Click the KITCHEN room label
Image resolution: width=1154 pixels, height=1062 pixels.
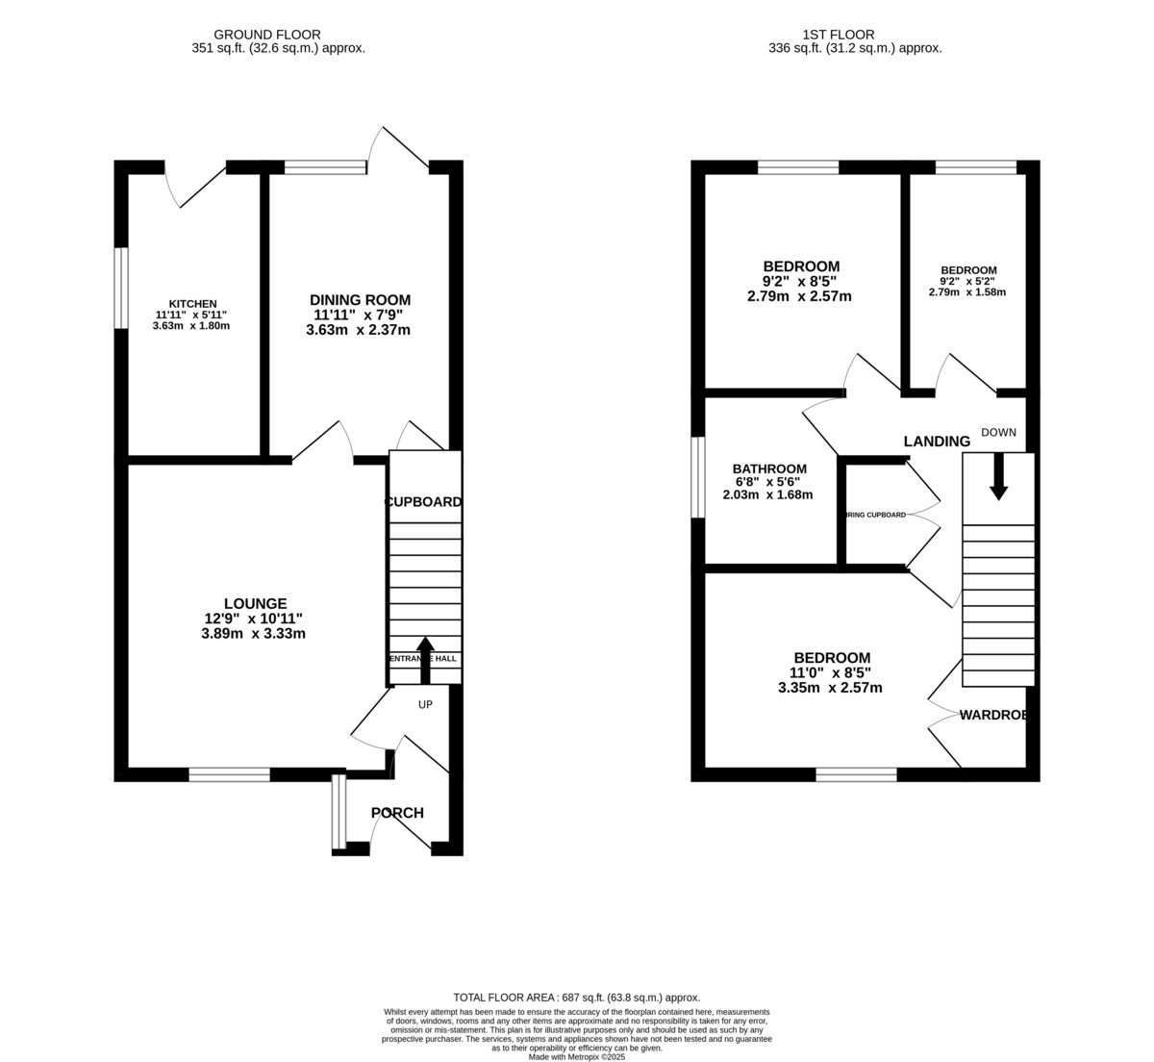click(x=192, y=304)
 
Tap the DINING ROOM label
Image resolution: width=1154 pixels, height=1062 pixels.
click(x=360, y=299)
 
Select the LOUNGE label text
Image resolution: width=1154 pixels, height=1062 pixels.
click(x=255, y=603)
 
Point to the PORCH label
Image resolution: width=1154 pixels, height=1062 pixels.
click(x=397, y=813)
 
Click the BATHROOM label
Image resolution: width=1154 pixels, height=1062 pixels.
click(x=768, y=468)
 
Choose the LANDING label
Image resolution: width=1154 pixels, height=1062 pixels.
click(x=937, y=442)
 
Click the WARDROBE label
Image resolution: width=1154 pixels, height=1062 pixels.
click(x=993, y=715)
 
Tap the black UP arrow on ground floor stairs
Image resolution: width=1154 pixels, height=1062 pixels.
click(x=425, y=657)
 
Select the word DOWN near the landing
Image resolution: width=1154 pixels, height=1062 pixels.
click(x=998, y=432)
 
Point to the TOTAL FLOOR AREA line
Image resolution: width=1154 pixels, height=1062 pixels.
click(x=576, y=998)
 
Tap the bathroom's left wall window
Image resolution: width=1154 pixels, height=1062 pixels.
click(x=699, y=478)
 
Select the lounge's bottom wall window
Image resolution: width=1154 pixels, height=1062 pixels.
click(x=229, y=774)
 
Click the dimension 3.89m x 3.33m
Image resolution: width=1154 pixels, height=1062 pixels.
click(x=254, y=634)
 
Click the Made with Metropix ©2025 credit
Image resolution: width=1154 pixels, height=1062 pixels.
click(x=576, y=1056)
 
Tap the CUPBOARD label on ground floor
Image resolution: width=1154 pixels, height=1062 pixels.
click(x=423, y=502)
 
